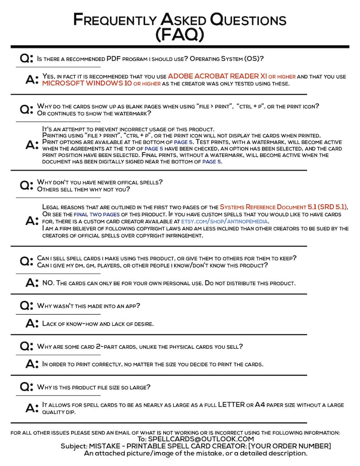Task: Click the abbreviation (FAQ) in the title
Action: point(180,34)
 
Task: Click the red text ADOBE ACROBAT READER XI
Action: point(217,77)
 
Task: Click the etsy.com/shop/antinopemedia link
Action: point(224,221)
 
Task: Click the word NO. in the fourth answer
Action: point(48,283)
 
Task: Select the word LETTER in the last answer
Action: point(231,404)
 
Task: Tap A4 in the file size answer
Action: point(260,404)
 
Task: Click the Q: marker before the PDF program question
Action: point(26,58)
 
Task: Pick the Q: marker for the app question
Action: point(26,306)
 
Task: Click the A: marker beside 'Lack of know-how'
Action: point(32,323)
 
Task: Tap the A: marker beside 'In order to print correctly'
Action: point(32,364)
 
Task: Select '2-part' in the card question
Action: point(112,346)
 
